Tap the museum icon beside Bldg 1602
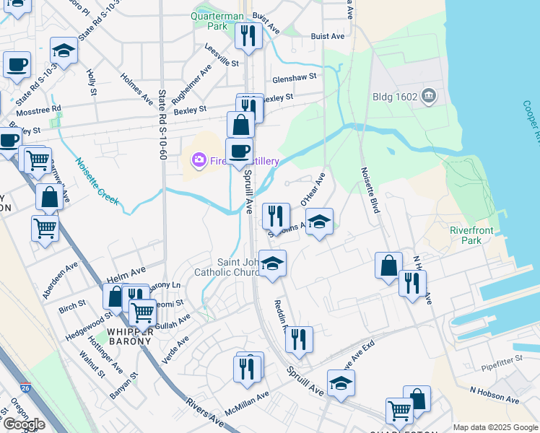tap(429, 95)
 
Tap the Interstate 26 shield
tap(25, 388)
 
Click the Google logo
tap(25, 424)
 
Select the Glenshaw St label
tap(294, 77)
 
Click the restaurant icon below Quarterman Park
tap(248, 35)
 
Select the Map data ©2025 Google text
tap(495, 427)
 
